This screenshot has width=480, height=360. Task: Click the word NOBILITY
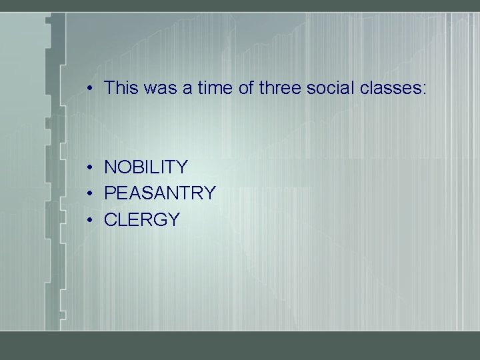(x=146, y=167)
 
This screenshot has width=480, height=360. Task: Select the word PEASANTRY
(x=160, y=193)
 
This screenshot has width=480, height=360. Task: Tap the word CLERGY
(x=142, y=220)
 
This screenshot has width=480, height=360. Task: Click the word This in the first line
(x=121, y=87)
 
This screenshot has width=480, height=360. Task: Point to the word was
(x=160, y=87)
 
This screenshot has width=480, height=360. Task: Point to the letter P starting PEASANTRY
(x=110, y=193)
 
